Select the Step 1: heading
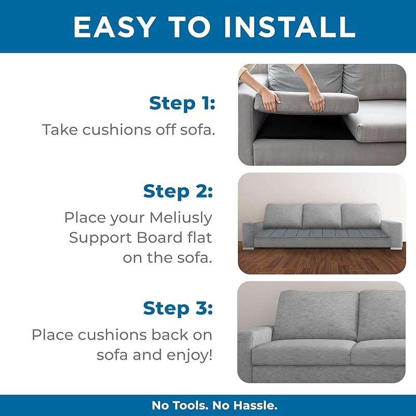[x=181, y=103]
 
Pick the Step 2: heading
[x=178, y=191]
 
